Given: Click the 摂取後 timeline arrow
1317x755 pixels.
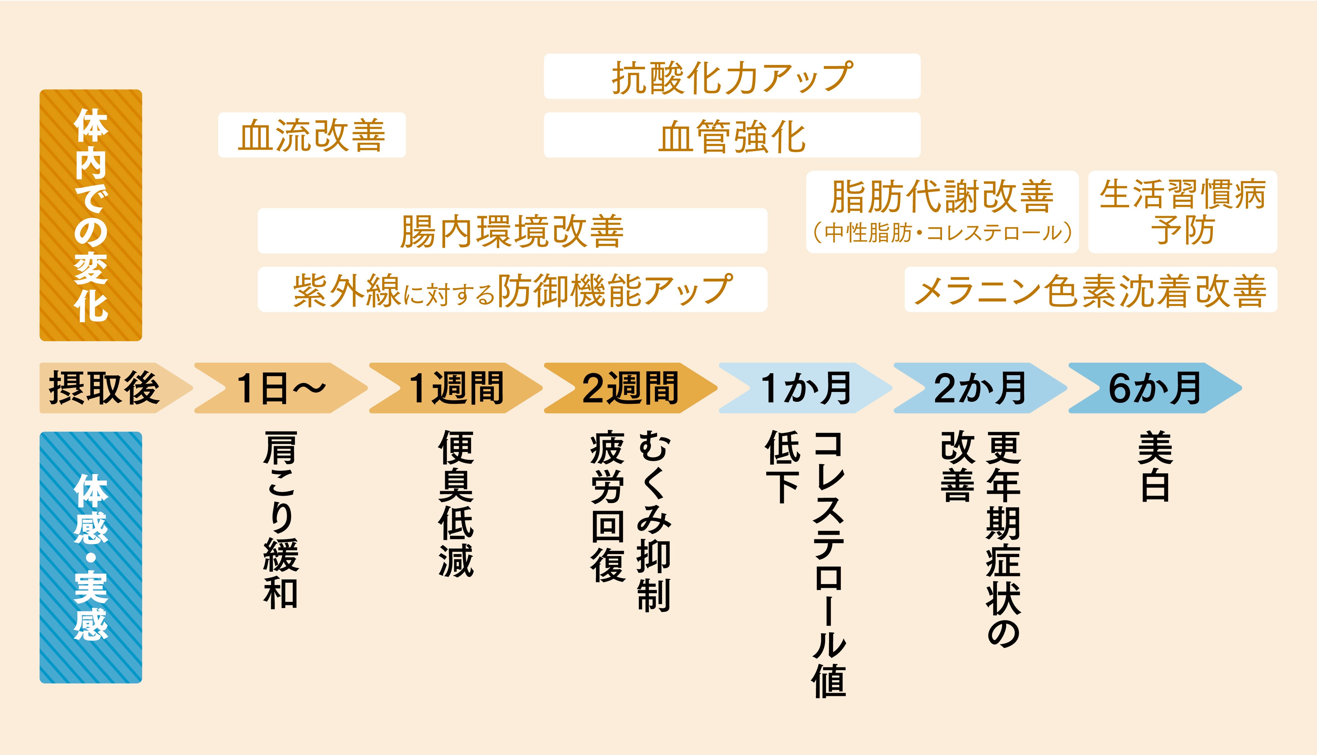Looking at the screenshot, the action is click(104, 388).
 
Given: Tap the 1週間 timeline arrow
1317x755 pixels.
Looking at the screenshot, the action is click(456, 388).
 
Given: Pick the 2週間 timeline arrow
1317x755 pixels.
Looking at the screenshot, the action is click(630, 388).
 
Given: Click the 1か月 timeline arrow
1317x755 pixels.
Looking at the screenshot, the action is click(805, 388).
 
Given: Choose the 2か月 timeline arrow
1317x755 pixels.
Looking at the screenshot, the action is click(980, 388).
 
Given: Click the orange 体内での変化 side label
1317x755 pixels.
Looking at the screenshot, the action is click(91, 215).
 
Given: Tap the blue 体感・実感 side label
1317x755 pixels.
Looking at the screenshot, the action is click(91, 557).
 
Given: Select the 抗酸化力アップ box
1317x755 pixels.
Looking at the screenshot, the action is click(732, 76).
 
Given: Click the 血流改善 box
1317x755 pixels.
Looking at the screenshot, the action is click(311, 135).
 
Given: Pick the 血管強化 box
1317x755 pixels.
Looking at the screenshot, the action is click(732, 135).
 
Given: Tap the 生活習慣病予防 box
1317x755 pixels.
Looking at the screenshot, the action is click(1182, 211).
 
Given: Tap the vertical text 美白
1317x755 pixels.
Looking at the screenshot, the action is click(1155, 467).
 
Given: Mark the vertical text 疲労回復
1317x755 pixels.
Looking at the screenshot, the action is click(608, 508).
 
